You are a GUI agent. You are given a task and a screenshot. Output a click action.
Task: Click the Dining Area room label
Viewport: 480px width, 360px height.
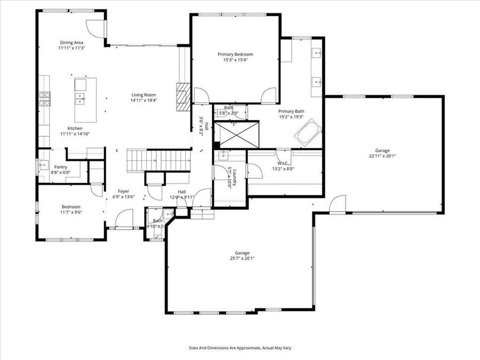coord(71,42)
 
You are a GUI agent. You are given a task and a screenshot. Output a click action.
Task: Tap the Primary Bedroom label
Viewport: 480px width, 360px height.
coord(235,54)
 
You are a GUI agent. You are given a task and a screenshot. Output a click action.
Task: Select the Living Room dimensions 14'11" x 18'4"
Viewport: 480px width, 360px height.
coord(144,100)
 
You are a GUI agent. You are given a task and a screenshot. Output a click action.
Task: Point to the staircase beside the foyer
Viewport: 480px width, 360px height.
coord(159,159)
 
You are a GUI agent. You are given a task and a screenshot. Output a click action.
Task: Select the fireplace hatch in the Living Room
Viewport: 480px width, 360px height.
coord(183,96)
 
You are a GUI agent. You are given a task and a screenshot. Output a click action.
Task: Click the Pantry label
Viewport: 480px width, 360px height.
coord(60,167)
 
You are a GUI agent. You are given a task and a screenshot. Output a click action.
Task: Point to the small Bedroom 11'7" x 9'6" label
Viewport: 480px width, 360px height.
coord(71,207)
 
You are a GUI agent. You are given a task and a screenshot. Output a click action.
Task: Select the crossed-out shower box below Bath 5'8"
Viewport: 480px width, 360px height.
coord(236,133)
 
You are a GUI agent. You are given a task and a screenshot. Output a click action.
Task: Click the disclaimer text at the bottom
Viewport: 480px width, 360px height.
coord(240,347)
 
